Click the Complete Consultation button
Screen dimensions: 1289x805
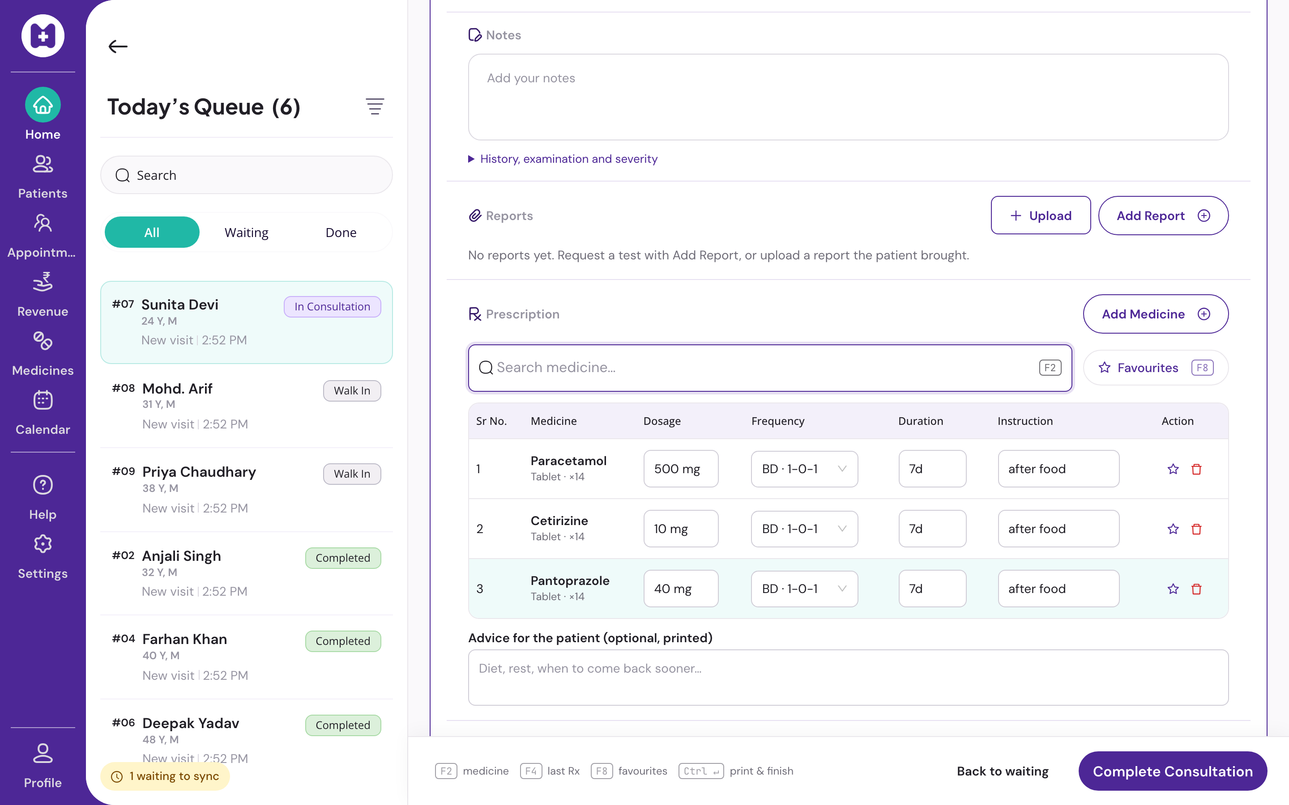coord(1172,771)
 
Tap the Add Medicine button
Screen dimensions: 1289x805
coord(1155,314)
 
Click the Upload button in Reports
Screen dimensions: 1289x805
coord(1040,216)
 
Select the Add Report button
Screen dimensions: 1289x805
coord(1163,216)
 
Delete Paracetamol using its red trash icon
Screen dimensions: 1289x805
coord(1196,469)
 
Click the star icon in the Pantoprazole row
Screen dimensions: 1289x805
coord(1173,589)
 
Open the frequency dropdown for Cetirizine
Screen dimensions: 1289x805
coord(804,529)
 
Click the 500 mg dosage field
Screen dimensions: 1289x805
coord(681,469)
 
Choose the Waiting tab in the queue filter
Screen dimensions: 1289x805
coord(247,232)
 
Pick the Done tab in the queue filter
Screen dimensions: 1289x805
coord(341,232)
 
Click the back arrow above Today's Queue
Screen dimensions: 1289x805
coord(118,47)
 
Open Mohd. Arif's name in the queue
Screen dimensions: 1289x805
coord(177,389)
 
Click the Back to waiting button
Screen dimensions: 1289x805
coord(1003,771)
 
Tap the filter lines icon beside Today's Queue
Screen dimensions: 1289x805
coord(375,106)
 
